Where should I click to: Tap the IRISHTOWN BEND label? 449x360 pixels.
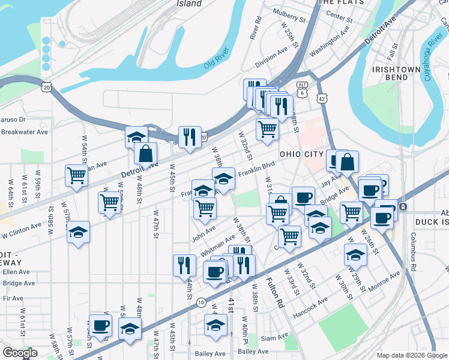coord(396,74)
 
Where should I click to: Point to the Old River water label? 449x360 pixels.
coord(217,62)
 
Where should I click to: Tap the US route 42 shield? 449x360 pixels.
coord(322,98)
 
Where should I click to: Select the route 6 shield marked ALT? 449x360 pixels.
coord(303,90)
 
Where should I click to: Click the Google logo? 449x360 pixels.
coord(19,353)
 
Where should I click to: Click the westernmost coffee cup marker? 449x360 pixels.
coord(100,325)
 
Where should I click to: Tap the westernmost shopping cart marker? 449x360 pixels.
coord(77,176)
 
